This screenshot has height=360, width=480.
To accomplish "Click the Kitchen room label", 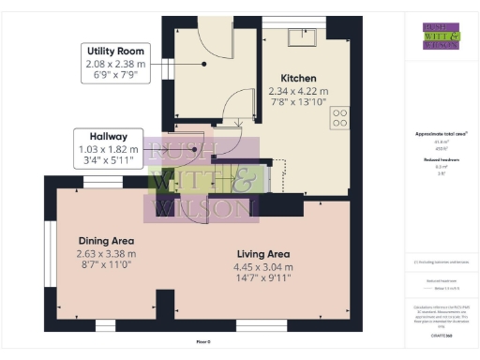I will tap(299, 78).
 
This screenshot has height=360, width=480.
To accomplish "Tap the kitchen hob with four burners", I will tap(339, 118).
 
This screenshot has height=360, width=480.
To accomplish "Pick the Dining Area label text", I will tap(106, 240).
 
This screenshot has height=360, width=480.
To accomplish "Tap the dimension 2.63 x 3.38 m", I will tap(106, 253).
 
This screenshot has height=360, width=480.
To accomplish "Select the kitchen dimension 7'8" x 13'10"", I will tap(299, 102).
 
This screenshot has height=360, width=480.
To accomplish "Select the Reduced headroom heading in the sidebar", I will tap(435, 160).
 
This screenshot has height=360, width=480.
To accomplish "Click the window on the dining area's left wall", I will tap(50, 252).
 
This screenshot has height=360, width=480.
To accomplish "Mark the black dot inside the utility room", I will tap(204, 64).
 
